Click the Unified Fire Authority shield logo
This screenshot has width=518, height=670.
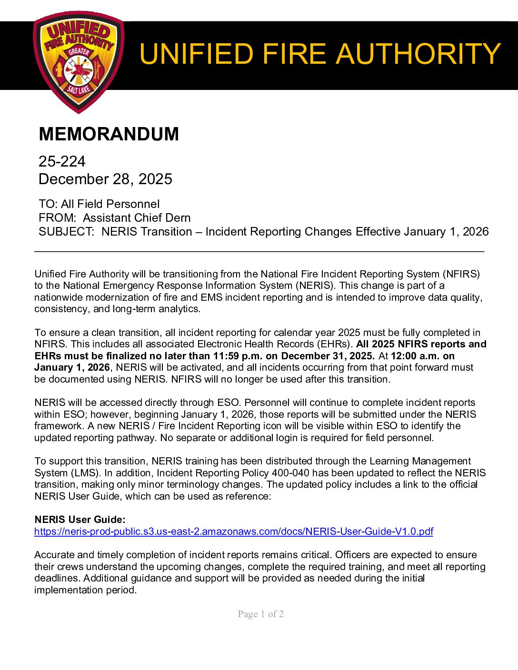tap(79, 62)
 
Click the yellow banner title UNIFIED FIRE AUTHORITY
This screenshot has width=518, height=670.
tap(319, 54)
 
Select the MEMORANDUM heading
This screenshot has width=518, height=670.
tap(109, 134)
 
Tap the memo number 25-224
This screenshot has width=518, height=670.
tap(62, 162)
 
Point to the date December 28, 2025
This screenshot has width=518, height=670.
tap(105, 179)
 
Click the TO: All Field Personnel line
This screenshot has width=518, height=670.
tap(99, 204)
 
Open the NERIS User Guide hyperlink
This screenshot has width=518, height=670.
tap(233, 532)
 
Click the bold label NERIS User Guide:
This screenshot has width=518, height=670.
tap(80, 520)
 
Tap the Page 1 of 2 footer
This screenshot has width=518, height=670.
tap(261, 614)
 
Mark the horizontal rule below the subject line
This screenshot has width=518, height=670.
tap(259, 251)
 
